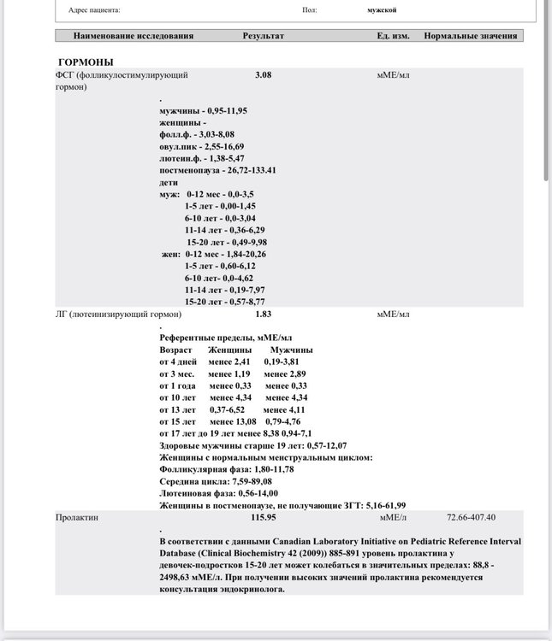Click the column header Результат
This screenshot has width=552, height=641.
263,36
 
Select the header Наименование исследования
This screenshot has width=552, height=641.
134,36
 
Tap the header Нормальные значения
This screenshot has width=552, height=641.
470,36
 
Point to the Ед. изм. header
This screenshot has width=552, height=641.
393,36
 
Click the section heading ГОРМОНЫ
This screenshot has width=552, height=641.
86,62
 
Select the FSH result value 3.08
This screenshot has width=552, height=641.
263,75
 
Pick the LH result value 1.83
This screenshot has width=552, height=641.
263,314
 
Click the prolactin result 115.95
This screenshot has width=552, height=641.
263,517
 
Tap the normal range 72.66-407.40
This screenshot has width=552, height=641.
471,517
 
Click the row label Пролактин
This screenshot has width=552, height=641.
76,517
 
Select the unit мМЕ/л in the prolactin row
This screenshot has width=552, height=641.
393,517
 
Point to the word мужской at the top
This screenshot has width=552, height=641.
382,10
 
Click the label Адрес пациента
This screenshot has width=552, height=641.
94,10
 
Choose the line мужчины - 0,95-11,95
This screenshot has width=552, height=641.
203,111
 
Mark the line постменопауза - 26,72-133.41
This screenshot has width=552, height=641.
217,170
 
